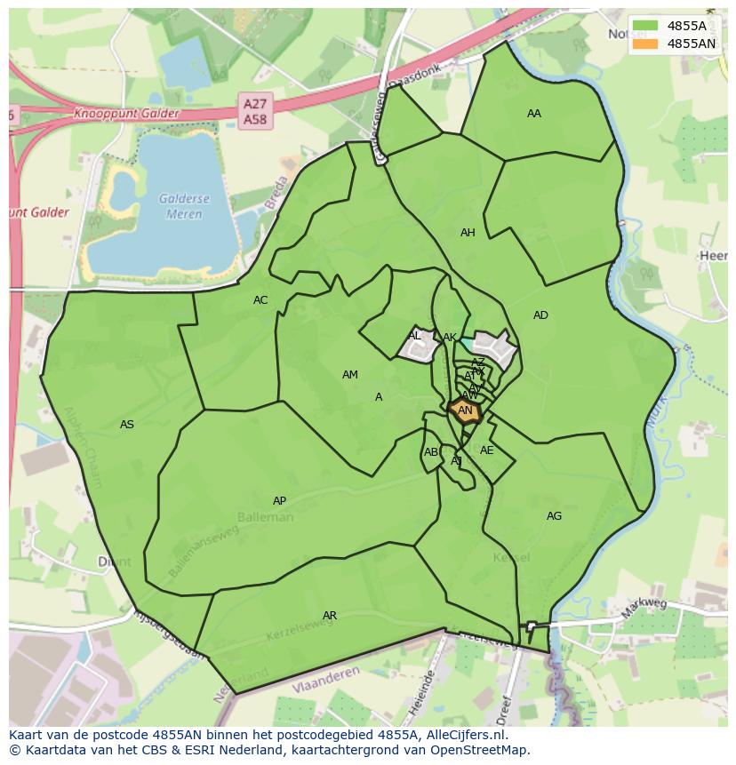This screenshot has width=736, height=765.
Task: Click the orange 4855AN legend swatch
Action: pos(647,44)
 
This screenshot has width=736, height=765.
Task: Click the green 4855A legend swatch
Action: pos(647,27)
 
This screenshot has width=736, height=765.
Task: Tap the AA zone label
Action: pos(533,114)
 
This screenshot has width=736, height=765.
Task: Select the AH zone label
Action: pos(468,233)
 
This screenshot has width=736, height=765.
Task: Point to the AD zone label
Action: pos(540,315)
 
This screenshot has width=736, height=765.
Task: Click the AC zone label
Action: pos(260,300)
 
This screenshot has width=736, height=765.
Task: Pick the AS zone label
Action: pos(127,425)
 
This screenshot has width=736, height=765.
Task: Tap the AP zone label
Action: pos(279,501)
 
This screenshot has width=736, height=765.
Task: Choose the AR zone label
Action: pos(330,616)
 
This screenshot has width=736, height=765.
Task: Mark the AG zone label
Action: pos(554,516)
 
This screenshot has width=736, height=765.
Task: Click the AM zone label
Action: pos(350,375)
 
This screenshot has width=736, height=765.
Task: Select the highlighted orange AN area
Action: pos(465,411)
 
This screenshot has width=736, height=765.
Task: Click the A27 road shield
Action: pos(255,104)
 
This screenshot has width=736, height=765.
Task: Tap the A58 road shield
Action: pos(255,119)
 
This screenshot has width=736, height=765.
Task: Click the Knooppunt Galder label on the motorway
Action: pos(126,114)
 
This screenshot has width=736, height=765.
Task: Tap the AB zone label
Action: pos(431,452)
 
